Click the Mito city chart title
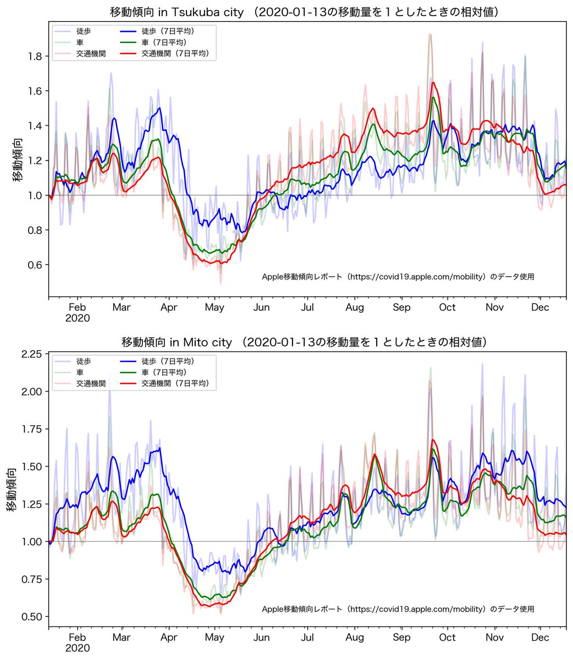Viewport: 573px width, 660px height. pos(304,342)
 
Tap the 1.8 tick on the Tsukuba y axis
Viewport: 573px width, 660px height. pos(37,56)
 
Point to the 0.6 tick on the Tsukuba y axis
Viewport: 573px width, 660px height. pos(37,265)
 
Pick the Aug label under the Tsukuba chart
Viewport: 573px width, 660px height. pos(355,307)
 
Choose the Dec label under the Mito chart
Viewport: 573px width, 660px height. pos(541,637)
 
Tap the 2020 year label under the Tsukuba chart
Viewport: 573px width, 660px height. pos(78,318)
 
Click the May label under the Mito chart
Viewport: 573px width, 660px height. pos(214,637)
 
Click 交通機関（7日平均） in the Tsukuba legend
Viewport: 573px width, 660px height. pos(178,53)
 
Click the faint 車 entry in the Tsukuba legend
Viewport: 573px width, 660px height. pos(80,42)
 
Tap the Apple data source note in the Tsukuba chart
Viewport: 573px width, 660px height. pos(398,277)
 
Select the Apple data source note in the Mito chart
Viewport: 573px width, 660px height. pos(398,609)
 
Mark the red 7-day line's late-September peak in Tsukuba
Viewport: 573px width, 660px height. pos(433,83)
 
